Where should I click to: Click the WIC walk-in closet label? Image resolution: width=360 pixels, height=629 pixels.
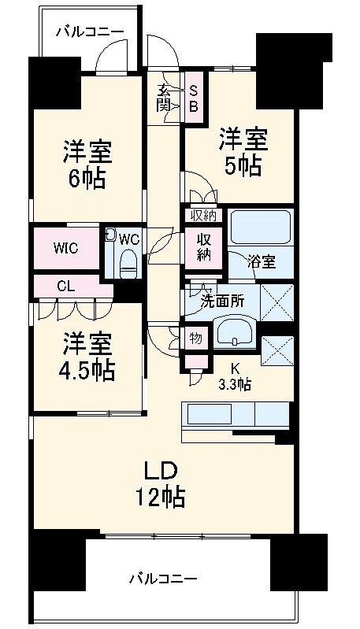66,248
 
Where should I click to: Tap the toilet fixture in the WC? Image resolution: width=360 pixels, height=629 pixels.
129,261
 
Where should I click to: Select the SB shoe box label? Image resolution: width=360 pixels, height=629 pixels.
194,99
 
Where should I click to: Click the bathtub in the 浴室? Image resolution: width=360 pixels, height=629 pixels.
261,228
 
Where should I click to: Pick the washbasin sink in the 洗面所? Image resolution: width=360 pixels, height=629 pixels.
235,333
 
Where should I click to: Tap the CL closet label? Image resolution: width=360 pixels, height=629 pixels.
66,287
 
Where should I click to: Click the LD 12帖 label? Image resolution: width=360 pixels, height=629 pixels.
159,485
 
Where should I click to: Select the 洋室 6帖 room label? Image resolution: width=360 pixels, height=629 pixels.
87,164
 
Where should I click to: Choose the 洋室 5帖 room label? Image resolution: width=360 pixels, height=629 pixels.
243,152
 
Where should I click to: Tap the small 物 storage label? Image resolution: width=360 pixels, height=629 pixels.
196,339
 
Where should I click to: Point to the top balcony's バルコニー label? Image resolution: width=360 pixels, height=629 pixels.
90,31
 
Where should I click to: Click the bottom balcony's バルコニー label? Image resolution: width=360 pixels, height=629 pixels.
163,579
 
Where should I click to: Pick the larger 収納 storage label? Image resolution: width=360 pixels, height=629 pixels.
203,248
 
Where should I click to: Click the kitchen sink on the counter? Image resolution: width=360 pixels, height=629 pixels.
206,415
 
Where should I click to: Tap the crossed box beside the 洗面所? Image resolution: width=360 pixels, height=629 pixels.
277,302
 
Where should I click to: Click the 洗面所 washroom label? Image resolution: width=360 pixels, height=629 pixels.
222,302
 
